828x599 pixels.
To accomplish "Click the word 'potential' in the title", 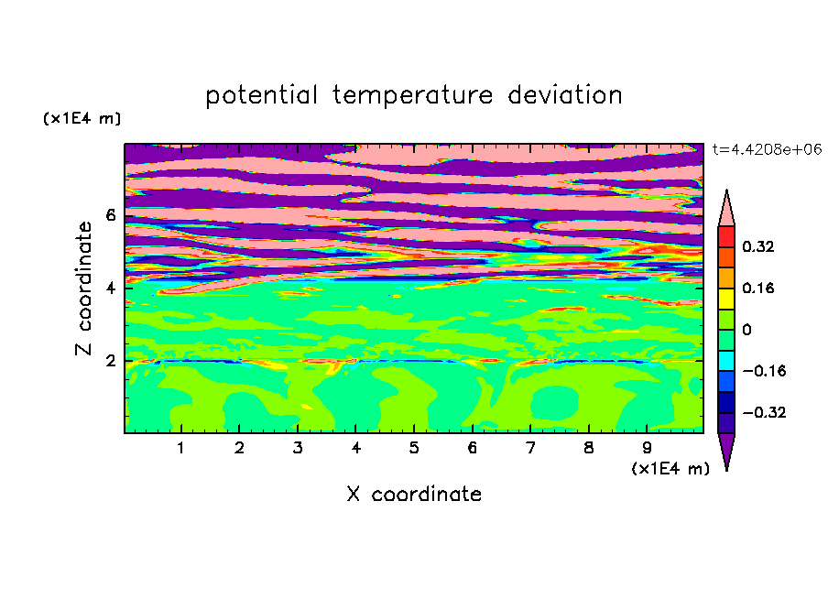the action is click(x=261, y=95).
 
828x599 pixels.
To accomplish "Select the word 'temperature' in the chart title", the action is click(x=412, y=95).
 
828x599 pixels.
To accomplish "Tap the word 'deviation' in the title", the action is click(x=565, y=95).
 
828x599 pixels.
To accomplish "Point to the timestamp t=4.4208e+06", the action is click(x=767, y=149).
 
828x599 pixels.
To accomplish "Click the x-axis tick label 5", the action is click(x=414, y=448).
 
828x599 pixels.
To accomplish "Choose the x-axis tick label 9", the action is click(x=647, y=448).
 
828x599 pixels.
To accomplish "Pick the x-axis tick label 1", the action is click(x=181, y=448).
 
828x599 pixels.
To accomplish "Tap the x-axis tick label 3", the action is click(x=298, y=448).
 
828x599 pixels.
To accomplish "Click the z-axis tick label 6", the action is click(x=110, y=215).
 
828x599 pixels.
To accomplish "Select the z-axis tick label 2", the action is click(x=110, y=361).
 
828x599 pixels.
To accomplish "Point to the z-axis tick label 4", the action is click(x=110, y=289).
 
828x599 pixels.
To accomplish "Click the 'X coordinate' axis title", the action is click(x=414, y=494).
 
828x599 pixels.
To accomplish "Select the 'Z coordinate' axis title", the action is click(x=84, y=289).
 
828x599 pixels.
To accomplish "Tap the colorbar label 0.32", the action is click(x=757, y=246).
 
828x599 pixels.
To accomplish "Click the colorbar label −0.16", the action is click(x=764, y=371).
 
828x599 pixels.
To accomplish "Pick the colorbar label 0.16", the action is click(x=757, y=288).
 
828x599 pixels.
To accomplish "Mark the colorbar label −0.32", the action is click(x=764, y=412).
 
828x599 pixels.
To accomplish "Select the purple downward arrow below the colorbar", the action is click(x=726, y=449).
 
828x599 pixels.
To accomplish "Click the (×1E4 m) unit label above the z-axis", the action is click(x=82, y=118).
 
